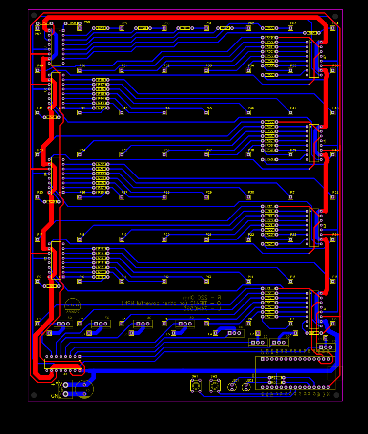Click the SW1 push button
tap(196, 386)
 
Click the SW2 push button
tap(214, 386)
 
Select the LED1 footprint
tap(233, 387)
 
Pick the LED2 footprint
tap(247, 387)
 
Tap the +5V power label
tap(57, 384)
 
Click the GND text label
tap(57, 395)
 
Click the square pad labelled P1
tap(38, 324)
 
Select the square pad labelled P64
tap(333, 28)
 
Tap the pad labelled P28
tap(164, 197)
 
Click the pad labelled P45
tap(206, 112)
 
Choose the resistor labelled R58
tap(73, 23)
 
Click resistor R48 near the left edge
tap(101, 80)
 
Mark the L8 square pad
tap(49, 333)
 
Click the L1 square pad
tap(326, 338)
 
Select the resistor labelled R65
tap(275, 378)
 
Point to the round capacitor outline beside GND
tap(84, 389)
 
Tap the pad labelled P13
tap(206, 282)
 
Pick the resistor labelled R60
tap(143, 28)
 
